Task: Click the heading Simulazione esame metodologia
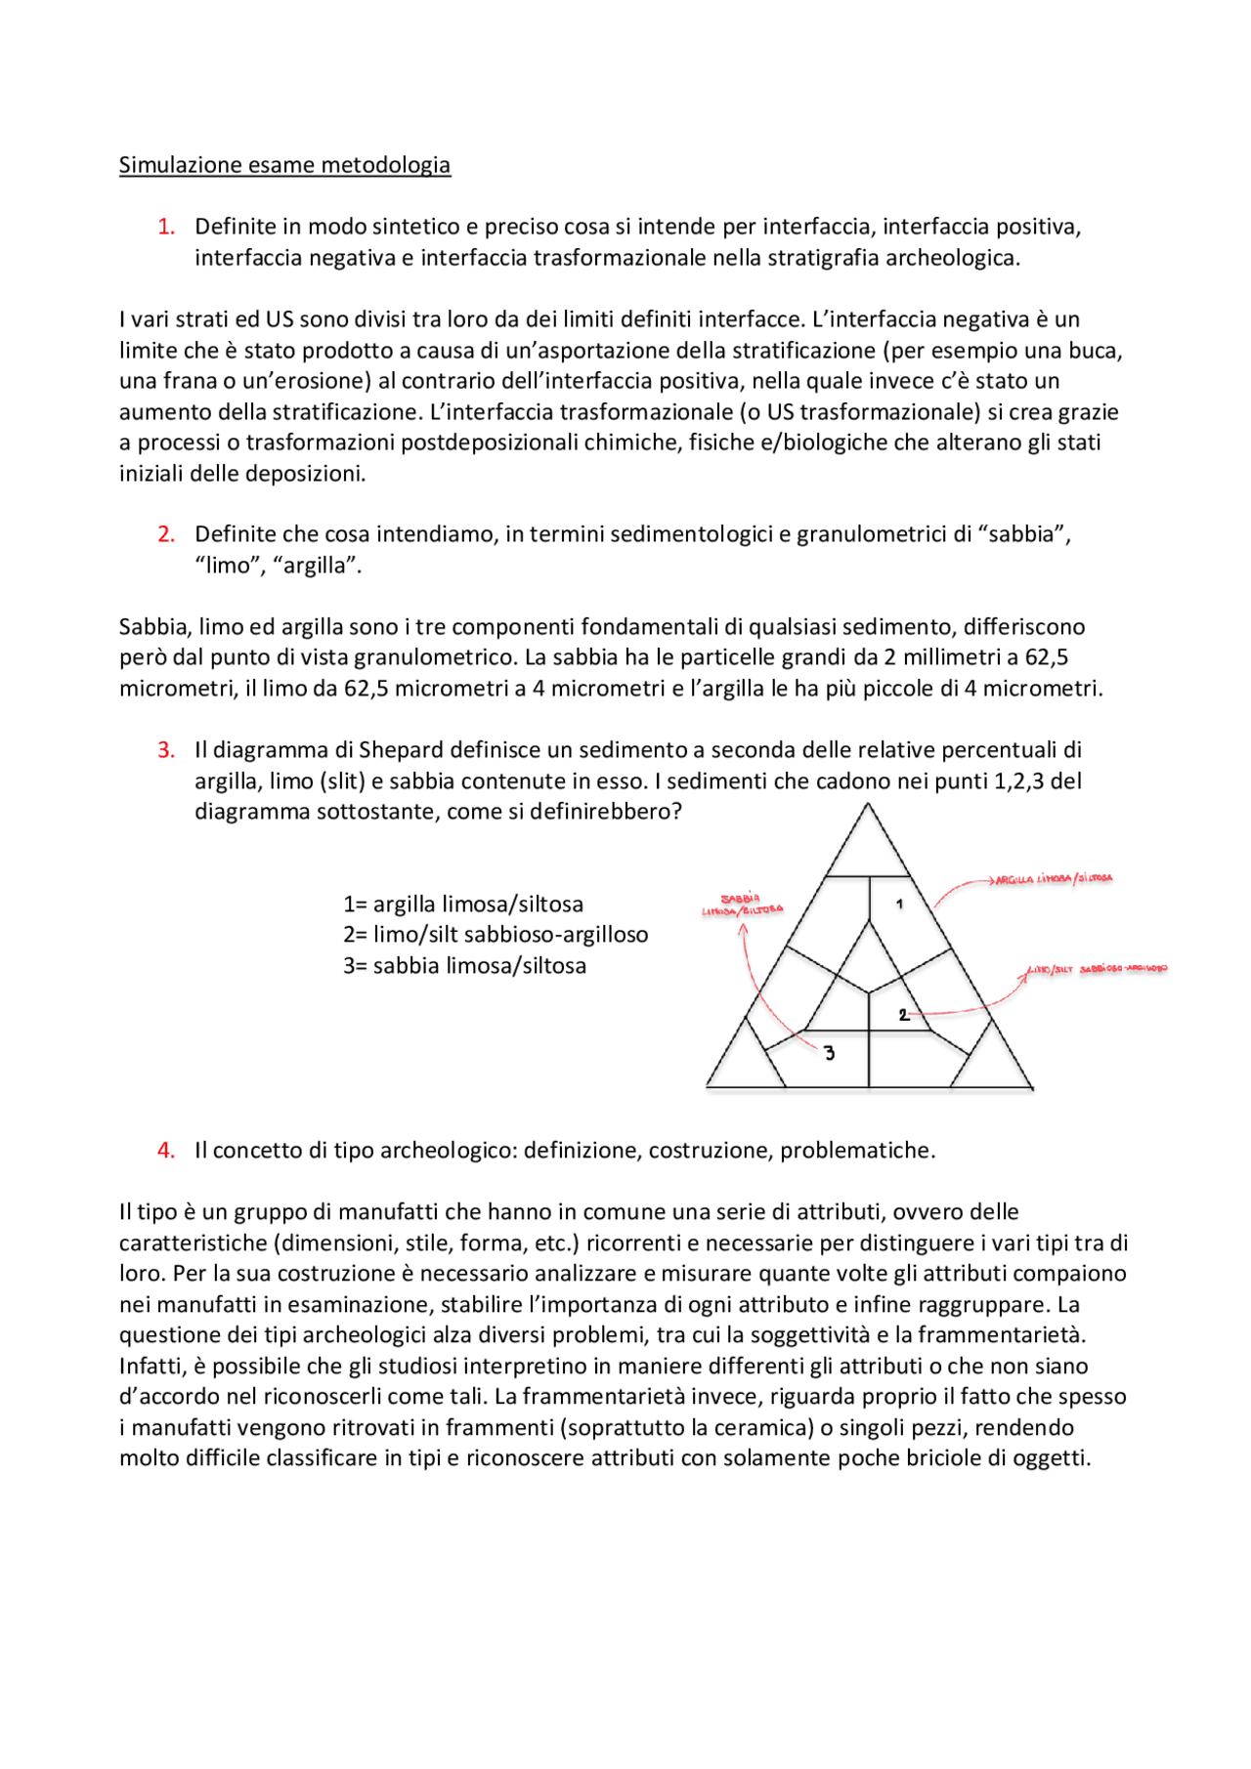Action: pos(284,165)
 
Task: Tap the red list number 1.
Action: pos(166,227)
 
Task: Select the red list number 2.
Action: pos(166,534)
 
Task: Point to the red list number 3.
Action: pos(166,750)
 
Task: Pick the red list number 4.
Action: pos(166,1151)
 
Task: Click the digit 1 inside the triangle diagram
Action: pos(899,904)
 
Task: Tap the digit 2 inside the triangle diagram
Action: pos(903,1015)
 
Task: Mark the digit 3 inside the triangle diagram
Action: pos(830,1053)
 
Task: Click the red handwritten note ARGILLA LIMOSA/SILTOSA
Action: pos(1054,879)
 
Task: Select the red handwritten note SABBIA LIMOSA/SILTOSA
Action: pos(742,905)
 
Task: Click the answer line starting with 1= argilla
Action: pos(463,905)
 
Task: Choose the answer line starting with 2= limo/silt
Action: pos(496,935)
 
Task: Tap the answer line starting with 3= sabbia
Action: pos(465,966)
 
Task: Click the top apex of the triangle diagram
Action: pos(867,805)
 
